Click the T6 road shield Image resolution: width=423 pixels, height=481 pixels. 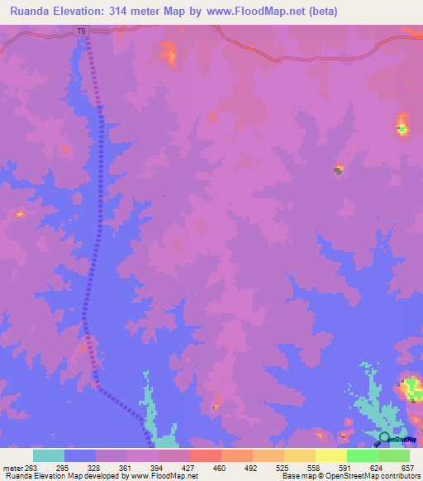click(x=80, y=31)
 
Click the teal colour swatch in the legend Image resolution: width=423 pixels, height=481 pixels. click(x=49, y=455)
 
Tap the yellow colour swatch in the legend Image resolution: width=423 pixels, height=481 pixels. click(x=331, y=455)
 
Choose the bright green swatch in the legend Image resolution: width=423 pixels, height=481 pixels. click(x=363, y=455)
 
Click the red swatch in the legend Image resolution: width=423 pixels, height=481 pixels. click(x=206, y=455)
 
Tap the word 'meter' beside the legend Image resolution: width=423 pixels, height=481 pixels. click(x=12, y=467)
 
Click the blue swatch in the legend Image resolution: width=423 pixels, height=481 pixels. click(x=80, y=455)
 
